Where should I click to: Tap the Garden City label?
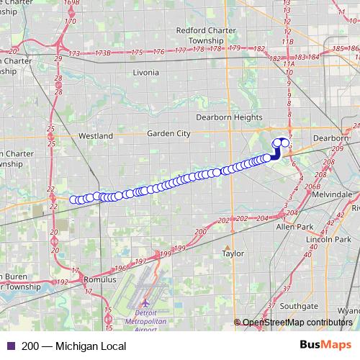pyautogui.click(x=168, y=133)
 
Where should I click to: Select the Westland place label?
pyautogui.click(x=96, y=135)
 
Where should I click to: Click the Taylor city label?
pyautogui.click(x=233, y=253)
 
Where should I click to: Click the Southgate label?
pyautogui.click(x=299, y=305)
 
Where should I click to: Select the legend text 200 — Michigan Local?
pyautogui.click(x=69, y=346)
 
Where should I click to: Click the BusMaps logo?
pyautogui.click(x=325, y=346)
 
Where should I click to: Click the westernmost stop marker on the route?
pyautogui.click(x=73, y=199)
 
